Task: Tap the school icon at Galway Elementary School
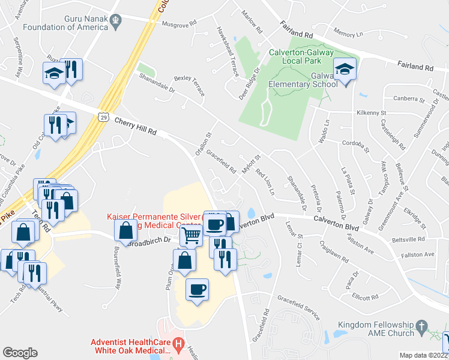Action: coord(345,70)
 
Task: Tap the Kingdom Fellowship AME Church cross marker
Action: coord(422,328)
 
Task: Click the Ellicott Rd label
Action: coord(365,296)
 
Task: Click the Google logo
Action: coord(20,353)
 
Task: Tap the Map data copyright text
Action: coord(423,355)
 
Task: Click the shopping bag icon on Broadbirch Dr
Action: coord(125,230)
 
